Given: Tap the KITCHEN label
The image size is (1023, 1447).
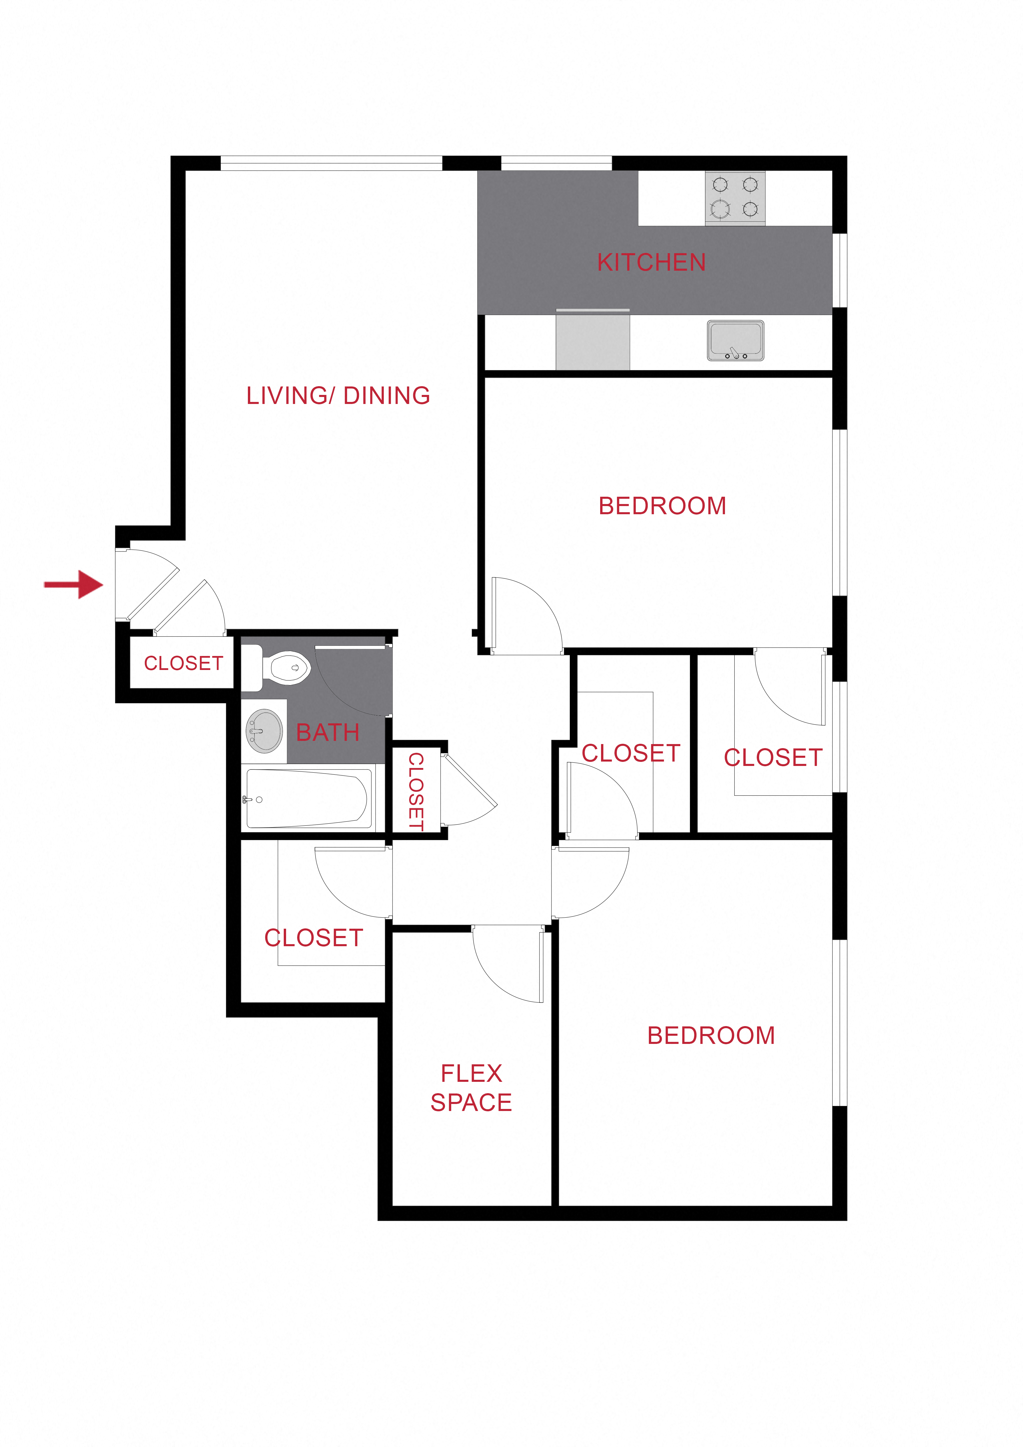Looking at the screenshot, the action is tap(651, 262).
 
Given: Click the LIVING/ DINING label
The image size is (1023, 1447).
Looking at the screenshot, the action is tap(338, 396).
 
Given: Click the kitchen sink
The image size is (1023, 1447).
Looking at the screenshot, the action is tap(735, 340).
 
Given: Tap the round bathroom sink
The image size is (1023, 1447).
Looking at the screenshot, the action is tap(264, 731).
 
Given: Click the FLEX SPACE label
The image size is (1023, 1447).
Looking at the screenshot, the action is tap(471, 1088).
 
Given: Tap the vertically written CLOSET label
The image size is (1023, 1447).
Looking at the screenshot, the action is tap(416, 792).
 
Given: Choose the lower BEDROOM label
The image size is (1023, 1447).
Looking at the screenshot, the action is tap(711, 1035).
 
